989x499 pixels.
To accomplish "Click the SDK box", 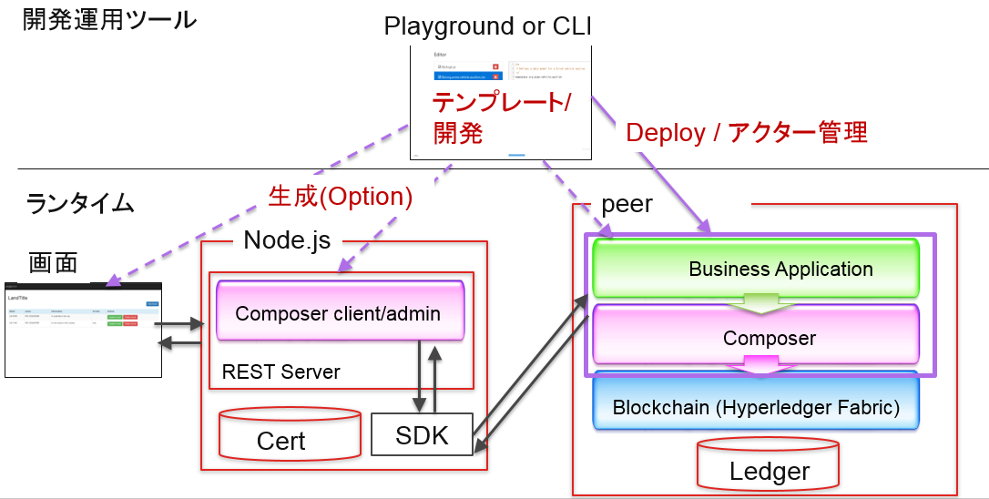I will point(422,435).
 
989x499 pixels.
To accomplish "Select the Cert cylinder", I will point(281,435).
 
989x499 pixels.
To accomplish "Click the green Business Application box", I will point(756,269).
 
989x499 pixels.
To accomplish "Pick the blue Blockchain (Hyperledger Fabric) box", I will point(756,406).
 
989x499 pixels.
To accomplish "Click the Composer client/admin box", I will point(339,312).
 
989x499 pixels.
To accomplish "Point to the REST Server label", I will point(280,372).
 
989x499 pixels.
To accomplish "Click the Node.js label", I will point(287,240).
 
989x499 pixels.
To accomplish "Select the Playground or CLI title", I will point(488,26).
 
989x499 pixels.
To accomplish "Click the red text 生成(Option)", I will point(341,197).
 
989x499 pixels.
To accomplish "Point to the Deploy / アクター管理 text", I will point(747,133).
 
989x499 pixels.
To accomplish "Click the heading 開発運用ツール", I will point(109,19).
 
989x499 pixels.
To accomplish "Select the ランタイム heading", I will point(80,202).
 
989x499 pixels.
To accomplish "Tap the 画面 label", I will point(53,262).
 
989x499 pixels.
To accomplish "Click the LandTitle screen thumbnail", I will point(83,328).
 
